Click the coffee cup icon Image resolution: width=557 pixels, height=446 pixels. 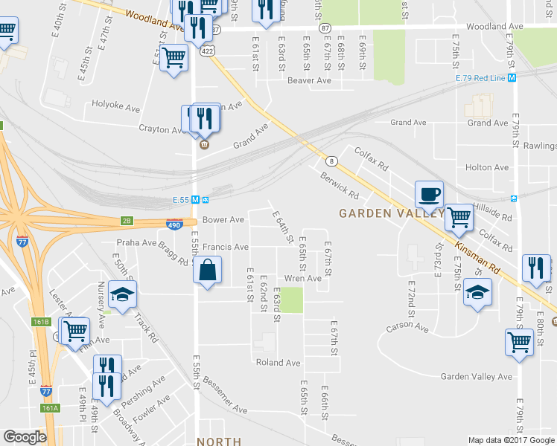(x=429, y=195)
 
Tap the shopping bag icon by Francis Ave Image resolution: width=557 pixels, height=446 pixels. (x=208, y=271)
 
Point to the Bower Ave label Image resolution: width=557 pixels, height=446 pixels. (x=223, y=220)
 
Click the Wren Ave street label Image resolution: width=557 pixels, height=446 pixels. (x=303, y=278)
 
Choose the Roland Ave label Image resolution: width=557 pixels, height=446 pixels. (x=278, y=363)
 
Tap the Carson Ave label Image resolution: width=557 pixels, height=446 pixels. (x=407, y=327)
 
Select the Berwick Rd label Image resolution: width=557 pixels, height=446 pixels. (x=340, y=185)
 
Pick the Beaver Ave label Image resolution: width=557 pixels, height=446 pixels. (x=309, y=80)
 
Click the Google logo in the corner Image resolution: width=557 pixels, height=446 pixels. (x=25, y=437)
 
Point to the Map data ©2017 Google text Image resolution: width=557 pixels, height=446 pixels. (x=510, y=440)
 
